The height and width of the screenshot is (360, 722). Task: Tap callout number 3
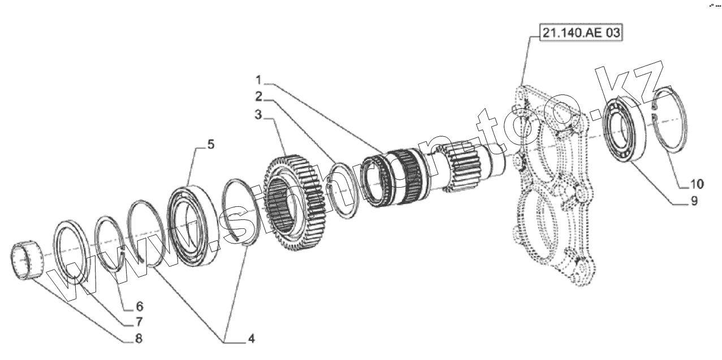pos(258,115)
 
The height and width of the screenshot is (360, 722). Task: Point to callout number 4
pos(249,339)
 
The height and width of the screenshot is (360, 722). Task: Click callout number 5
pos(210,145)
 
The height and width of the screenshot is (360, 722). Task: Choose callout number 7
pos(139,322)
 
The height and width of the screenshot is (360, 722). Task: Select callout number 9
pos(694,200)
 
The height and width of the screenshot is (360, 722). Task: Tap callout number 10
pos(695,184)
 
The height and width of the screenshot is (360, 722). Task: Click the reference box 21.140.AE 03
pos(580,33)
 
